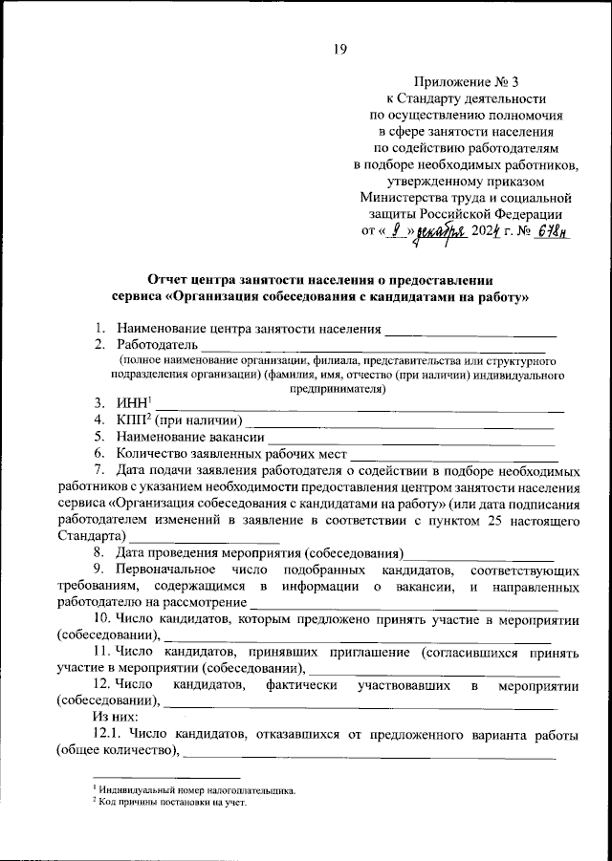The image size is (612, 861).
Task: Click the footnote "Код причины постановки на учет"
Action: coord(172,803)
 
